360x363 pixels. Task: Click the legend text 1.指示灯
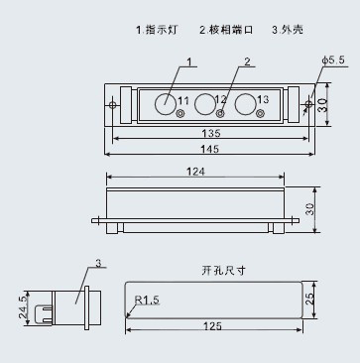[x=157, y=30]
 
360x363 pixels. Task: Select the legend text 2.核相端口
[x=226, y=30]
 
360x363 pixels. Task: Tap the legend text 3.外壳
[x=288, y=30]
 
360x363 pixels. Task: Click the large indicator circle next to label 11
[x=166, y=104]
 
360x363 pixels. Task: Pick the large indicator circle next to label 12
[x=205, y=104]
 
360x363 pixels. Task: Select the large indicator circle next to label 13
[x=245, y=104]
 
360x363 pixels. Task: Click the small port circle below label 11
[x=180, y=114]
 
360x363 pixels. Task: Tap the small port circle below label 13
[x=261, y=114]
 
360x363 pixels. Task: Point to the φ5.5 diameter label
[x=333, y=60]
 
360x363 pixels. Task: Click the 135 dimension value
[x=211, y=133]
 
